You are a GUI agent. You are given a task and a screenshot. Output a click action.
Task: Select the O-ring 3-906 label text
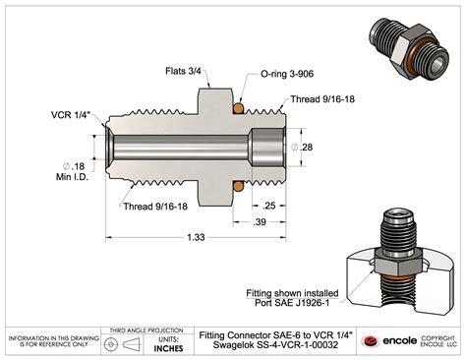[x=285, y=73]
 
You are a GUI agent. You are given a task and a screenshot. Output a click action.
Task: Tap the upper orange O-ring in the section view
[x=238, y=105]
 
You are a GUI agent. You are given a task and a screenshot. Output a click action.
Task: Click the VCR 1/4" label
[x=75, y=115]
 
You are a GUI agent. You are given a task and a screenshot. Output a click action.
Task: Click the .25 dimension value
[x=268, y=206]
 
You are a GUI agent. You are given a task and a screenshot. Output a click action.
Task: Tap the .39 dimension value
[x=261, y=222]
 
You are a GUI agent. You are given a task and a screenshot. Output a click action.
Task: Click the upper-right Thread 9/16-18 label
[x=320, y=100]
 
